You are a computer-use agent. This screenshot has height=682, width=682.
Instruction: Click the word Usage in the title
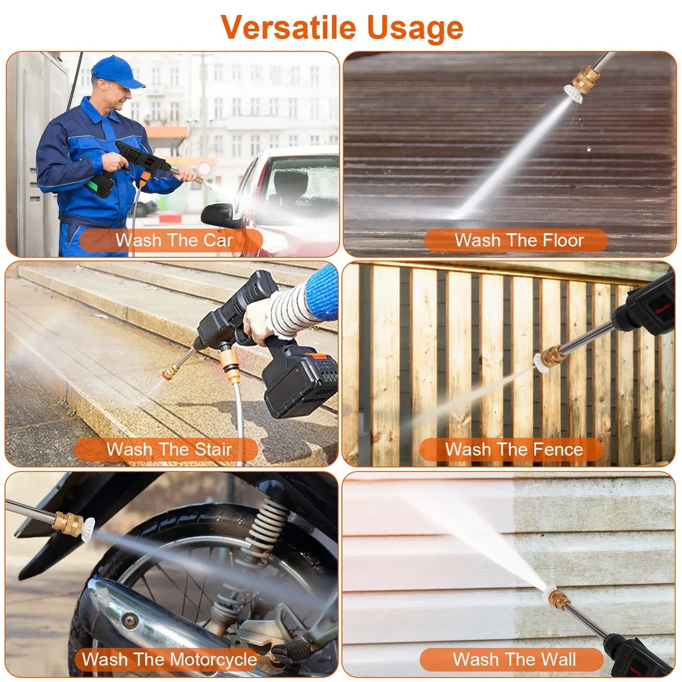point(415,29)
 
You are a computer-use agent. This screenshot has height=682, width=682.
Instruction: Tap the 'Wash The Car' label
point(174,240)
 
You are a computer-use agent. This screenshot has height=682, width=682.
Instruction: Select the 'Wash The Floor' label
point(518,240)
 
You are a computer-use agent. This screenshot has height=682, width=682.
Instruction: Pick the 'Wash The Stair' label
point(168,449)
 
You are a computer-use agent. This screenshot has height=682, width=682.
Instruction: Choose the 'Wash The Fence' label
point(514,449)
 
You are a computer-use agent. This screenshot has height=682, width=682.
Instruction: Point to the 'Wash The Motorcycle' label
point(169,659)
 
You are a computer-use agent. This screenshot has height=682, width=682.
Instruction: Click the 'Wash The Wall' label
point(514,659)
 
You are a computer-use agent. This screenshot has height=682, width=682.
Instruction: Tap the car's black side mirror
point(217,215)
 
